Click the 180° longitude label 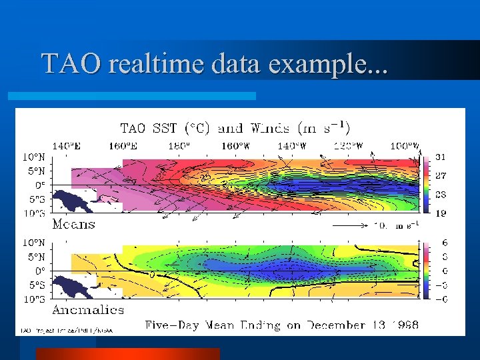pos(178,146)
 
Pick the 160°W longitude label pos(233,146)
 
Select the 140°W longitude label pos(291,146)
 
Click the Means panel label pos(73,224)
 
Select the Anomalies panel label pos(88,309)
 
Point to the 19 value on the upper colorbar pos(441,213)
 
